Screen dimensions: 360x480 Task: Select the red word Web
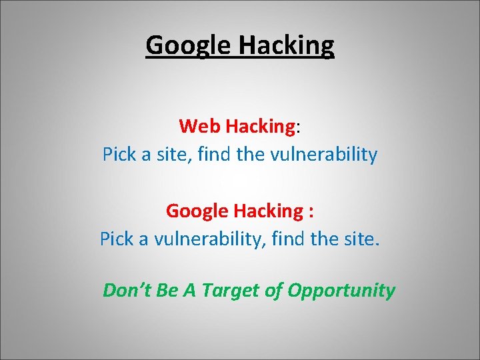pyautogui.click(x=200, y=125)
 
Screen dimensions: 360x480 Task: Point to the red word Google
pyautogui.click(x=197, y=211)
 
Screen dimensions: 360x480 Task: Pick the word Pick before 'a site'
pyautogui.click(x=118, y=155)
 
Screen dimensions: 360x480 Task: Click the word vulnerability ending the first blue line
pyautogui.click(x=323, y=155)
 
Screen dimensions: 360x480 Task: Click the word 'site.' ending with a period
pyautogui.click(x=361, y=239)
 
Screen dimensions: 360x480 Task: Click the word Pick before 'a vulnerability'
pyautogui.click(x=116, y=239)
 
